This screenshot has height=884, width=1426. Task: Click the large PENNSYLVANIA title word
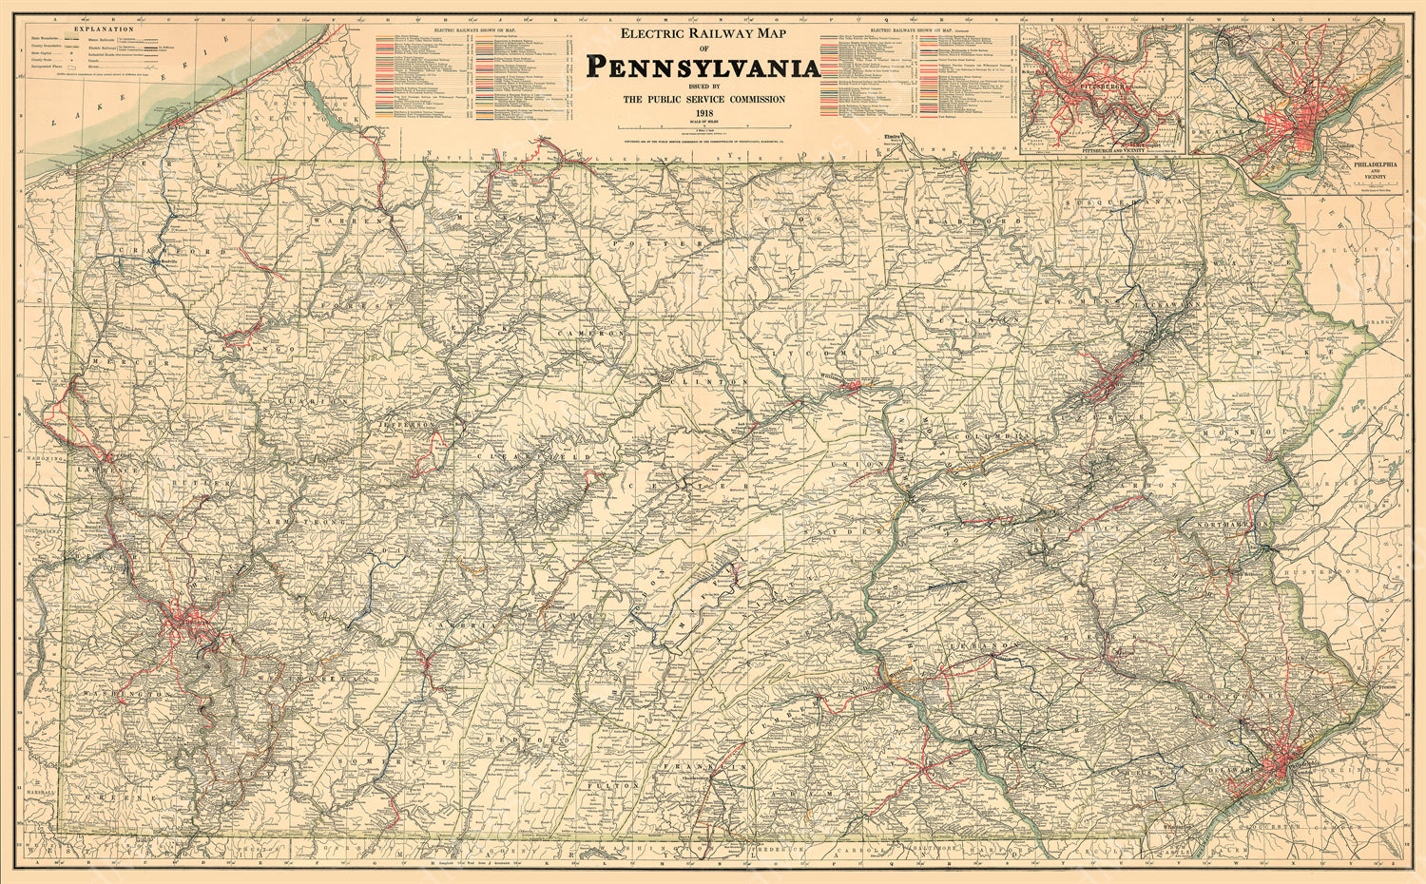point(703,67)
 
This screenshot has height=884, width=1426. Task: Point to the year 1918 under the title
point(703,114)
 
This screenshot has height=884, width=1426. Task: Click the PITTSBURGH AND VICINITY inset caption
point(1102,150)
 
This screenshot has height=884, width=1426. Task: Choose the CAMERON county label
point(590,335)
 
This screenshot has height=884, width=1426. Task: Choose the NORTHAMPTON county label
point(1235,524)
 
